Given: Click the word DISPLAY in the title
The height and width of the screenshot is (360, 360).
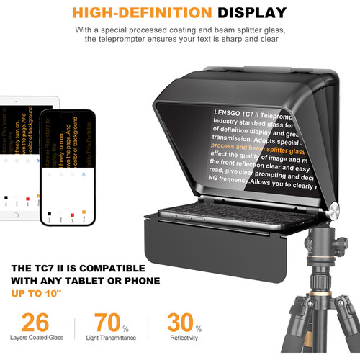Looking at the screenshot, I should (248, 12).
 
